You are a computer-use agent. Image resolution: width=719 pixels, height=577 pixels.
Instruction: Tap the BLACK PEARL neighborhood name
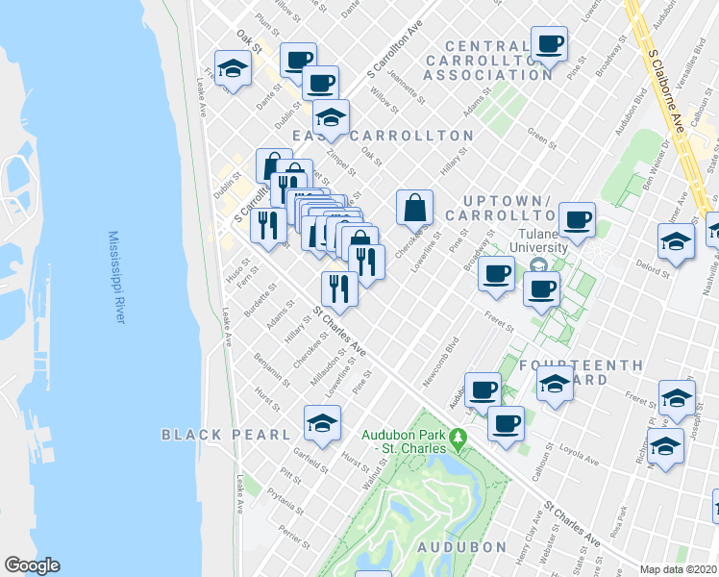click(226, 435)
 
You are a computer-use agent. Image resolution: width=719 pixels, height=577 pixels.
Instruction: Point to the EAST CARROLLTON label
click(384, 136)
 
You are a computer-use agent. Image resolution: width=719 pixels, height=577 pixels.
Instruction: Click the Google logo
click(32, 565)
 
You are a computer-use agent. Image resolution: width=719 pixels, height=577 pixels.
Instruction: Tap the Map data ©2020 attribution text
click(679, 569)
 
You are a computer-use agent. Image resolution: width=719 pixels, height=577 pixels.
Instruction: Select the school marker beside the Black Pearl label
click(323, 422)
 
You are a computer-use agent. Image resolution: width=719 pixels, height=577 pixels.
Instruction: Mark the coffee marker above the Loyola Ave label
click(506, 423)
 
